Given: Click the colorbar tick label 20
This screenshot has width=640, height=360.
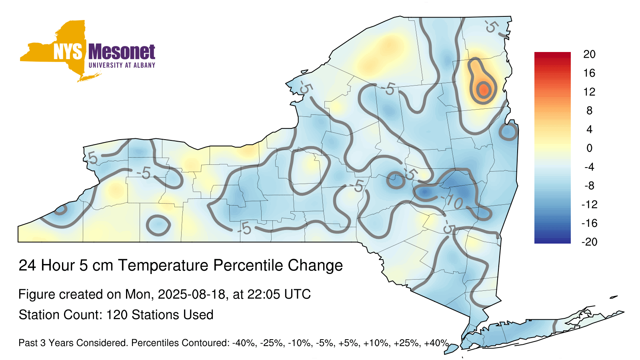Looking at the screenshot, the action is pyautogui.click(x=589, y=54).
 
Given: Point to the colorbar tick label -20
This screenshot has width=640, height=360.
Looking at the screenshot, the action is pyautogui.click(x=590, y=242).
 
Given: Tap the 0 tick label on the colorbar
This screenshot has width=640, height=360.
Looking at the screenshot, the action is pyautogui.click(x=590, y=148).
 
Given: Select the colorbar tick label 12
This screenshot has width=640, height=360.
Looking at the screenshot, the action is pyautogui.click(x=589, y=92).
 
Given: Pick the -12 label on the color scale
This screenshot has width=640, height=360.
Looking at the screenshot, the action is pyautogui.click(x=590, y=204).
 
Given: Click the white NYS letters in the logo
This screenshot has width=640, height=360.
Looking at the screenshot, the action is pyautogui.click(x=68, y=52).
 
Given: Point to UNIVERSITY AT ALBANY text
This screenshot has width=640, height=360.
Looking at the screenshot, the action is pyautogui.click(x=122, y=65).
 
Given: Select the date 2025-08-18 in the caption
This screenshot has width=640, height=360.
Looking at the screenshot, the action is pyautogui.click(x=192, y=294).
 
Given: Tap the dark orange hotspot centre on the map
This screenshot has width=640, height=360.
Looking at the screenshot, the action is pyautogui.click(x=484, y=90).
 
